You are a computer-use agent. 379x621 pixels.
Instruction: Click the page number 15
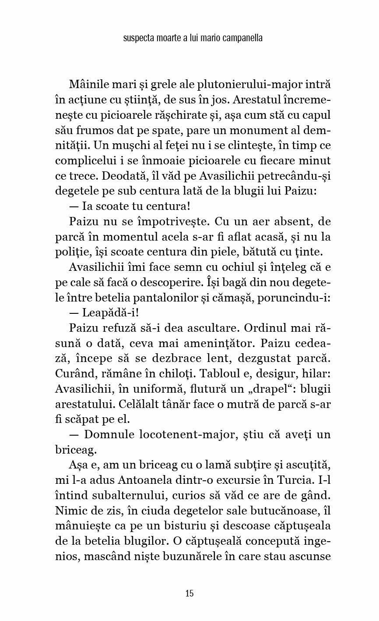click(189, 593)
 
